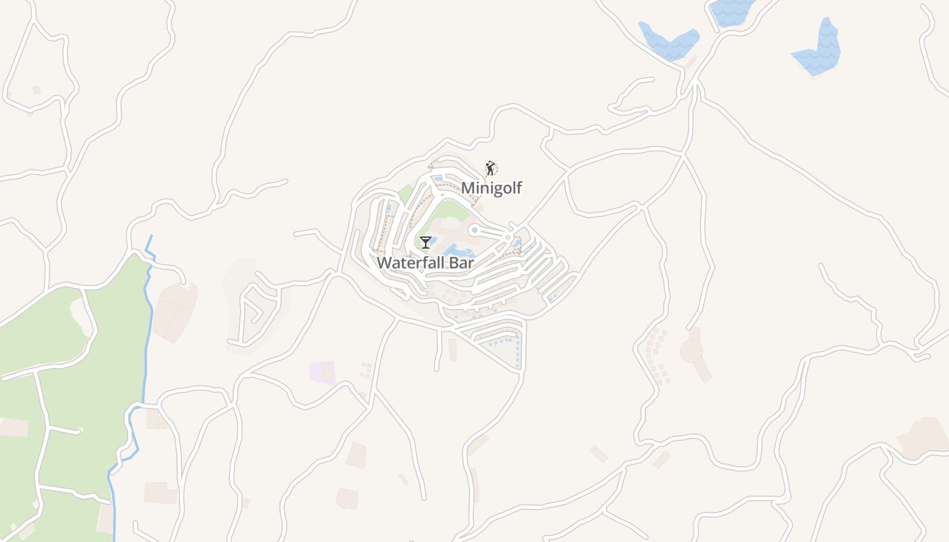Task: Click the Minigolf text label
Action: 491,188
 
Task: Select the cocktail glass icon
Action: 426,242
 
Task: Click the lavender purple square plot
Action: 322,372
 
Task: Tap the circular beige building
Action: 691,351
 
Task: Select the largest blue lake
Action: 820,49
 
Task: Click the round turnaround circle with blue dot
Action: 474,230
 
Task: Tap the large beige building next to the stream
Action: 174,312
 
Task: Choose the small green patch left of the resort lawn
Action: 405,195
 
